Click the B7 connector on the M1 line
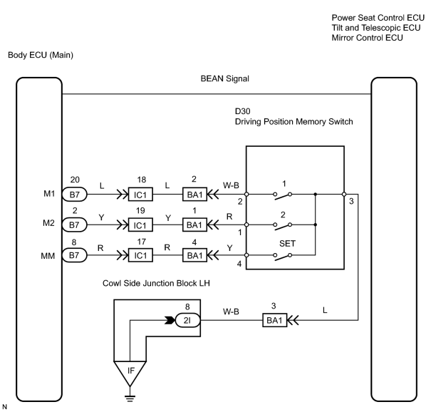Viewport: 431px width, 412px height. (75, 195)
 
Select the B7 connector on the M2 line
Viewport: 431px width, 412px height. (75, 225)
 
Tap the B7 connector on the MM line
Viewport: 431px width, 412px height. (75, 255)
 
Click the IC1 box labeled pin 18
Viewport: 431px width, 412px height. (140, 195)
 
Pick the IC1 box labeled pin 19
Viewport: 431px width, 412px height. (140, 225)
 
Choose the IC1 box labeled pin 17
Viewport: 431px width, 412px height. (140, 255)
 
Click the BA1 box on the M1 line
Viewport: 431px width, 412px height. (194, 195)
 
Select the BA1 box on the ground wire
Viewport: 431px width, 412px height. (274, 320)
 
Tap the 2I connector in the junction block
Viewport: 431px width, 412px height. (187, 320)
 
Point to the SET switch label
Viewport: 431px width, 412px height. (287, 243)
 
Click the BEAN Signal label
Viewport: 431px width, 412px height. (225, 78)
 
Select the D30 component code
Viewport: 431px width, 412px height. (242, 111)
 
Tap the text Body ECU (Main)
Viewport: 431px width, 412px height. (41, 55)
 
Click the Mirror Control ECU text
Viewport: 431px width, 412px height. (367, 38)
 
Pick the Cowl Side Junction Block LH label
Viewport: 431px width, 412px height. (156, 283)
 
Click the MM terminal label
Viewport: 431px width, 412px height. (48, 256)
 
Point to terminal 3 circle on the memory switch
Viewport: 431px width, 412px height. (344, 195)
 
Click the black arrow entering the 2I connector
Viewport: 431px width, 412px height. (170, 321)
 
